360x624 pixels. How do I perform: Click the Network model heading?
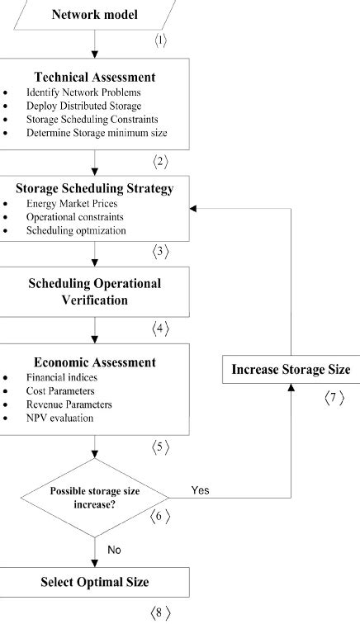coord(94,14)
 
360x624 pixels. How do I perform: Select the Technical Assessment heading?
coord(95,78)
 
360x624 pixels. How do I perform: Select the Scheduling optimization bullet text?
coord(75,230)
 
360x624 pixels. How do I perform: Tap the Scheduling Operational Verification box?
coord(95,291)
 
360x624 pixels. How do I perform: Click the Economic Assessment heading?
coord(95,362)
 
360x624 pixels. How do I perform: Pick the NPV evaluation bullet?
coord(60,418)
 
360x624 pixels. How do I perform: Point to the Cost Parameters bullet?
coord(61,390)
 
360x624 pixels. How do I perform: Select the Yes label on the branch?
coord(200,489)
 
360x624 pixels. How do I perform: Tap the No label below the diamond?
coord(116,548)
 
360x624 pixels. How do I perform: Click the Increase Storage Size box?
coord(291,369)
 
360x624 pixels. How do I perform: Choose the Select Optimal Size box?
coord(95,582)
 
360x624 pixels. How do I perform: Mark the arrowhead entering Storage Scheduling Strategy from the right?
coord(193,209)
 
